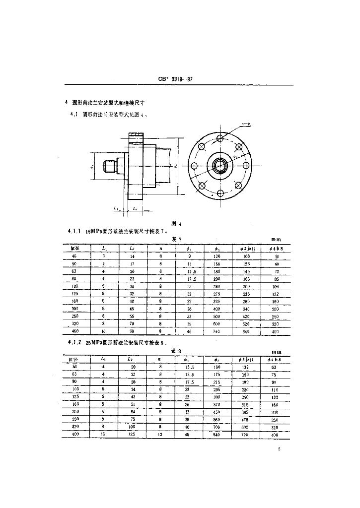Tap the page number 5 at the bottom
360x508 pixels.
[x=280, y=450]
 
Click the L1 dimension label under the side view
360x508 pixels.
[x=115, y=209]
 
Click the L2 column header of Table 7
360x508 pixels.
[x=131, y=248]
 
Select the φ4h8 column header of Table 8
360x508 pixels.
[x=276, y=359]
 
